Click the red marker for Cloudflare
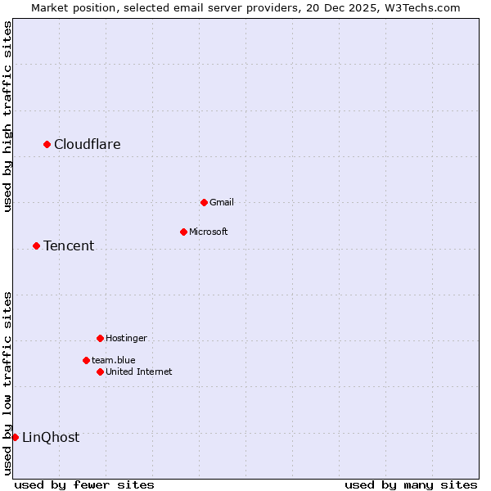[x=47, y=144]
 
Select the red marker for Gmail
[x=204, y=202]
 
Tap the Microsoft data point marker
[x=183, y=232]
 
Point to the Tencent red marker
[x=36, y=245]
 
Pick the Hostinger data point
[x=100, y=338]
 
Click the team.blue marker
[x=86, y=360]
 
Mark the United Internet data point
[x=100, y=372]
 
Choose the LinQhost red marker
[x=15, y=437]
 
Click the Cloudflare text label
[x=88, y=145]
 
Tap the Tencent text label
[x=69, y=246]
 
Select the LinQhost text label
[x=51, y=438]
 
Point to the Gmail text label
[x=222, y=203]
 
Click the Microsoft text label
[x=209, y=232]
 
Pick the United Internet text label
[x=139, y=372]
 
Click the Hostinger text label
[x=127, y=339]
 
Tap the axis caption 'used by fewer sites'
[x=84, y=484]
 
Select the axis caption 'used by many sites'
[x=411, y=484]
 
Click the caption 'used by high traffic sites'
[x=7, y=116]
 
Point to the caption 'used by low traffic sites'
[x=7, y=383]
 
